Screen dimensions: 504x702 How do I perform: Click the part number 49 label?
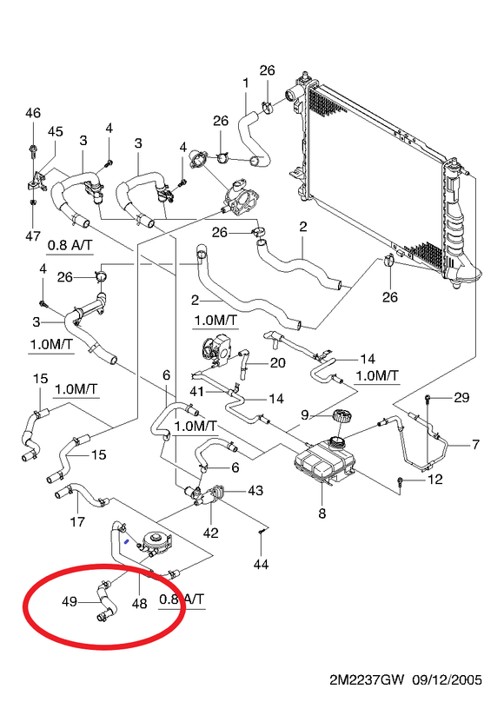click(x=70, y=601)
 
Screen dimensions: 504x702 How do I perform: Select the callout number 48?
click(x=140, y=604)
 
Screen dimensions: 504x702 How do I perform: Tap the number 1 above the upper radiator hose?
click(x=246, y=83)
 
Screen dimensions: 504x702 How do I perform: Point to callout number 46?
click(x=33, y=113)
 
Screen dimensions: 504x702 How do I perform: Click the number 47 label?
click(x=33, y=235)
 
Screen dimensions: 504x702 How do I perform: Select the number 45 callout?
click(x=56, y=131)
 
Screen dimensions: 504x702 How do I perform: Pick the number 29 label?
click(x=461, y=397)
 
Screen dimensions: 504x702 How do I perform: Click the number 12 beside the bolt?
click(x=434, y=480)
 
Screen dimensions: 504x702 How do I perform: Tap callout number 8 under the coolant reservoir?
click(x=322, y=513)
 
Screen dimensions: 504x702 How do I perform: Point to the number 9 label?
click(x=305, y=415)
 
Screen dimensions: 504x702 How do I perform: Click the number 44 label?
click(x=261, y=564)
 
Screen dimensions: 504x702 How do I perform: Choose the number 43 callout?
click(x=255, y=490)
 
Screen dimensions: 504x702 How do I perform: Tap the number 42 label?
click(x=211, y=533)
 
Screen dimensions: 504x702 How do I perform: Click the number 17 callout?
click(x=77, y=521)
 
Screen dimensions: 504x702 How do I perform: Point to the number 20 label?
click(x=278, y=362)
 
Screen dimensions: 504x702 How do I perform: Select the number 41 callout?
click(x=197, y=391)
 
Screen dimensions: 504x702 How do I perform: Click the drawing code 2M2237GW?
click(x=367, y=680)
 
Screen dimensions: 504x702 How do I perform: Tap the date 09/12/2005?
click(x=448, y=680)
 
